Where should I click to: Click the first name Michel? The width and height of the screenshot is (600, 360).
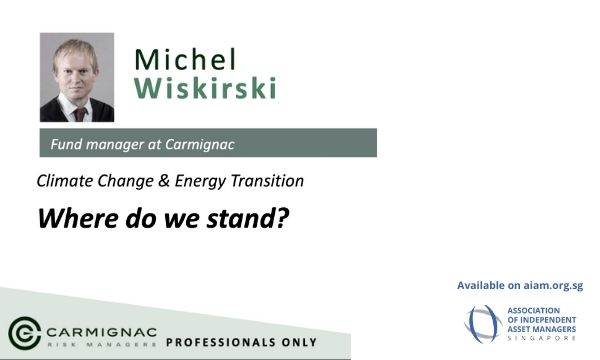click(x=185, y=59)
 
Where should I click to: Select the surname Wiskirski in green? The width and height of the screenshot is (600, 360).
click(x=205, y=88)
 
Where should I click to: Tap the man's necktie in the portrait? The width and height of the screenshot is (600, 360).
click(x=80, y=114)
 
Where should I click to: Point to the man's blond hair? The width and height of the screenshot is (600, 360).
click(x=75, y=52)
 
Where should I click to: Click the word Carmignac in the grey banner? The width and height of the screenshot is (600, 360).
click(x=199, y=144)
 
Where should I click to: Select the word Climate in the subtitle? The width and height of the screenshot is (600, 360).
click(x=65, y=181)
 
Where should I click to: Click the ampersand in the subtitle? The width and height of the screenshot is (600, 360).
click(x=163, y=181)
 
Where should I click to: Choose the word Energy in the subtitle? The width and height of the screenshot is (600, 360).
click(x=200, y=181)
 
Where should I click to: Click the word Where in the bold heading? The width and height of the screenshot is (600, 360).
click(x=78, y=218)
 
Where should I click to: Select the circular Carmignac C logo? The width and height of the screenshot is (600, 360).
click(x=24, y=333)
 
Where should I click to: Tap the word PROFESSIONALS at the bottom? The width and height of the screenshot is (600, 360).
click(x=220, y=342)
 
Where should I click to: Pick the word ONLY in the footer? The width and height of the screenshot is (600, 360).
click(x=299, y=342)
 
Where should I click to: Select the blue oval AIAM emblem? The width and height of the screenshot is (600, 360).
click(x=483, y=324)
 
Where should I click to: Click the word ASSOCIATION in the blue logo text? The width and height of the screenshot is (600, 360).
click(x=533, y=310)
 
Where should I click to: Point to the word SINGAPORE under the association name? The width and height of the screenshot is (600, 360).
click(x=541, y=338)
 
